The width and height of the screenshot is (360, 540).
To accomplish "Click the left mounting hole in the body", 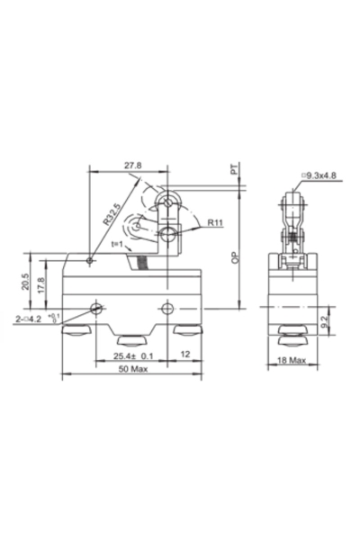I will point(97,309).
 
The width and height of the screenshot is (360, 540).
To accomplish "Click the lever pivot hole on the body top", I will point(90,262).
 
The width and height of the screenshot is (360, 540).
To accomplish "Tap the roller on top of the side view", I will point(292,200).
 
